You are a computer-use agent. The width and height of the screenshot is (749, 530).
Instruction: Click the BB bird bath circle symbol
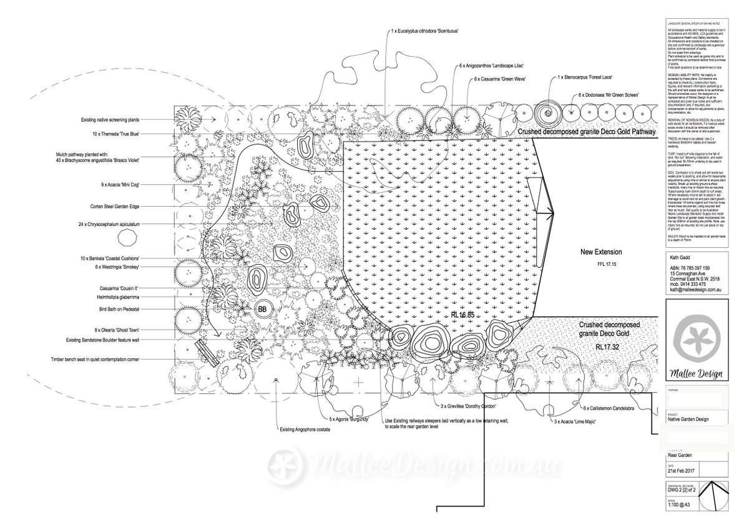tap(262, 308)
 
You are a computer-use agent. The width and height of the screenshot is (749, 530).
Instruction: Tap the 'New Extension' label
tap(601, 252)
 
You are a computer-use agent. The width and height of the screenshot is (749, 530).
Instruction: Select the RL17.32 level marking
tap(606, 346)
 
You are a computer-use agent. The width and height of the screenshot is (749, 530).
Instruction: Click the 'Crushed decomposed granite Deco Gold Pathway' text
tap(587, 132)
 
